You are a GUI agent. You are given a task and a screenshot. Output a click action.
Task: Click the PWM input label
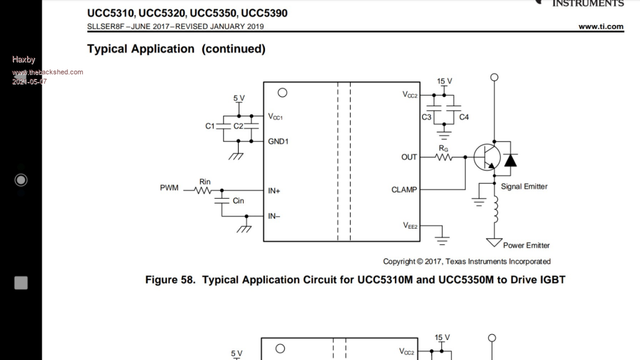[x=169, y=188]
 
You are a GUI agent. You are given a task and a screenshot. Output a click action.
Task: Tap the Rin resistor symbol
[x=204, y=191]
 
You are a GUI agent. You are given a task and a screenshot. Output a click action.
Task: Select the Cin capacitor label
[x=238, y=201]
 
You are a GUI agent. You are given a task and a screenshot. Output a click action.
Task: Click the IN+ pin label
[x=274, y=191]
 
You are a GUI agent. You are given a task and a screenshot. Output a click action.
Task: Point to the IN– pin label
[x=274, y=216]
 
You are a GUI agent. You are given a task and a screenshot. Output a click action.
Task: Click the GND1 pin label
[x=278, y=141]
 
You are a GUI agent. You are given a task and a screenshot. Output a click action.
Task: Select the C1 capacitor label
[x=210, y=126]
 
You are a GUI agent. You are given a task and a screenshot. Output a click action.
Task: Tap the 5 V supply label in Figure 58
[x=239, y=99]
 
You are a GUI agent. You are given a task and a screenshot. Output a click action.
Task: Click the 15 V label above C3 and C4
[x=444, y=81]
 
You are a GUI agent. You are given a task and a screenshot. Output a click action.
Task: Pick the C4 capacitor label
[x=464, y=117]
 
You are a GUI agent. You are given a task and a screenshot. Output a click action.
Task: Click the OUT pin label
[x=409, y=157]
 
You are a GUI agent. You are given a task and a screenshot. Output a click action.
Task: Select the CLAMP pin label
[x=404, y=189]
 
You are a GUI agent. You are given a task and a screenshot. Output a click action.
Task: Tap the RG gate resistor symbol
[x=444, y=157]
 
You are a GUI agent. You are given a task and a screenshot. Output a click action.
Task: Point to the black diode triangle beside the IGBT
[x=511, y=160]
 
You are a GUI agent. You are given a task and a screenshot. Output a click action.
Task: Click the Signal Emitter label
[x=524, y=186]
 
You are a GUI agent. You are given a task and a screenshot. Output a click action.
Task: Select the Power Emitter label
[x=526, y=246]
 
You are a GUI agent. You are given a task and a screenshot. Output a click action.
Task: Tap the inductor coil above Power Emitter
[x=495, y=209]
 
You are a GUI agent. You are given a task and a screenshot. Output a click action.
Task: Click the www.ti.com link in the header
[x=601, y=26]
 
